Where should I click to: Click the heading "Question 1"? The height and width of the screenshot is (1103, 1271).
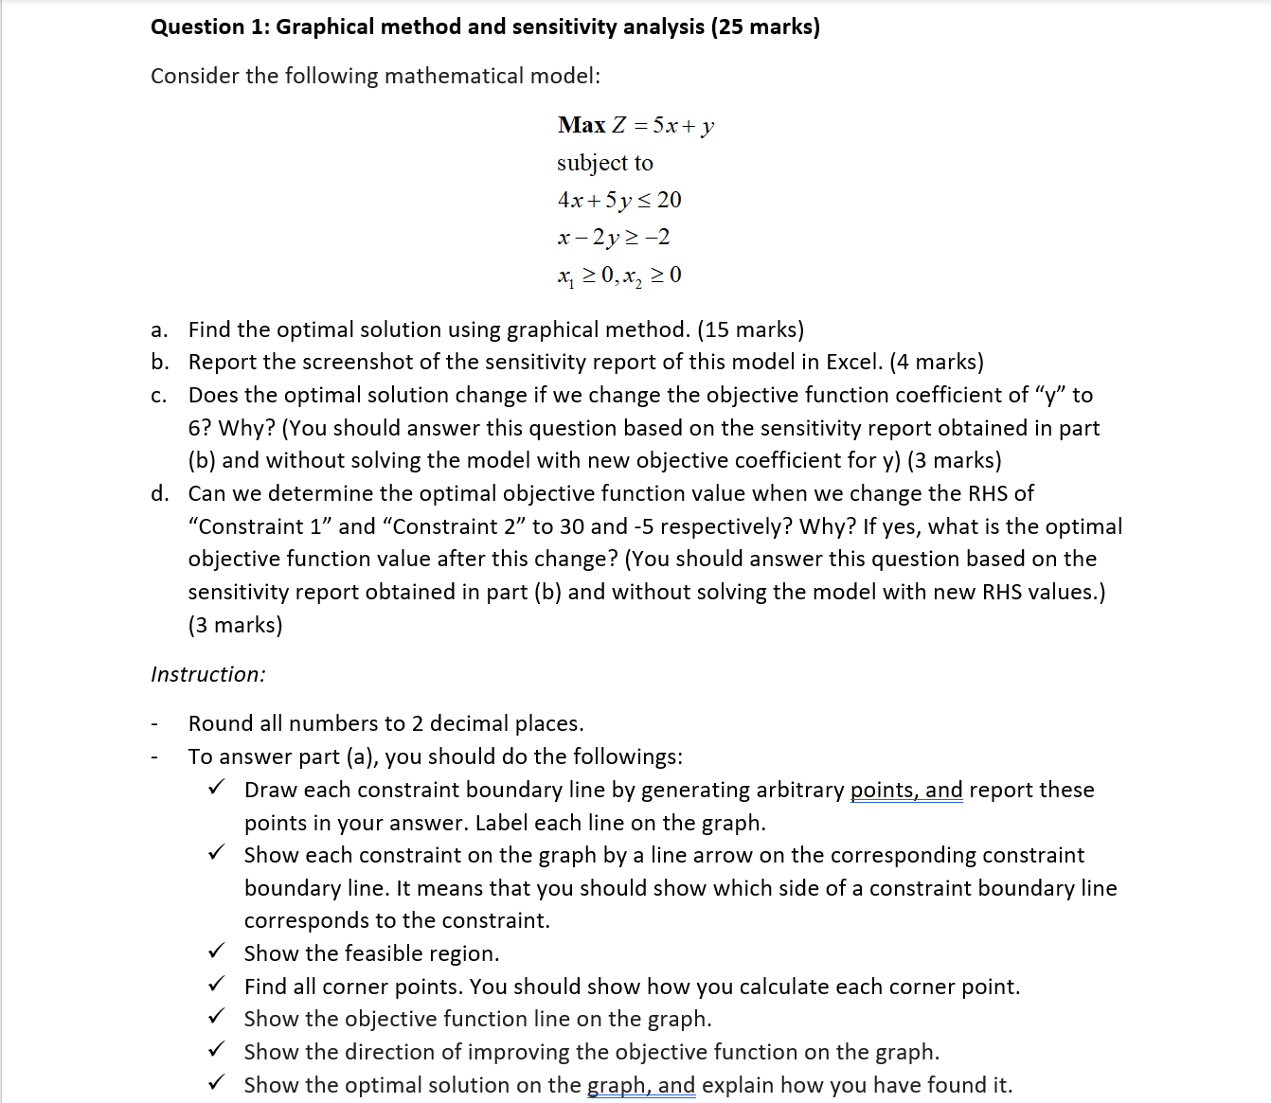209,27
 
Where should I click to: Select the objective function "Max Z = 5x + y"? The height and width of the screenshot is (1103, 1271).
635,125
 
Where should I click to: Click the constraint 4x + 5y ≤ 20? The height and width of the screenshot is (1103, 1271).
619,200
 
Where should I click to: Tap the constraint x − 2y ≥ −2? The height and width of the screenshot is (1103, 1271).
614,237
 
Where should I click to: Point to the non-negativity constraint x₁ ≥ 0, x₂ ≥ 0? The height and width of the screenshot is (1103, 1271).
619,276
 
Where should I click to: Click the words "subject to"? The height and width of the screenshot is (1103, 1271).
604,163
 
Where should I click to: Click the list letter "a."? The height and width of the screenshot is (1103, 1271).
159,329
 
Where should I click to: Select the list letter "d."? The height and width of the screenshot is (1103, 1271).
159,493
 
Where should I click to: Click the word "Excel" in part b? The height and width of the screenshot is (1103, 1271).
853,362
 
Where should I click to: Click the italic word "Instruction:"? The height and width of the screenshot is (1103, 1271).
207,674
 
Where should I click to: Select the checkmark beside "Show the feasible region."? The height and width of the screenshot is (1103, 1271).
217,951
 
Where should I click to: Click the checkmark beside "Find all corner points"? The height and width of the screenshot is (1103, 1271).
217,984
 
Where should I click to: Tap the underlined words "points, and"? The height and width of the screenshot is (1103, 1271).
905,790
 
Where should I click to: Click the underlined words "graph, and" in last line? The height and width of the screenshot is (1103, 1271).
641,1085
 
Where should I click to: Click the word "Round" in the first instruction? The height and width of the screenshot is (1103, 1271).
221,723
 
